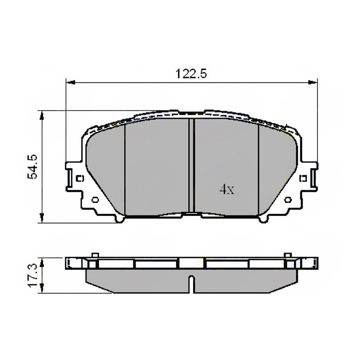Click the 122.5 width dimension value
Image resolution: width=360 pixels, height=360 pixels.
191,74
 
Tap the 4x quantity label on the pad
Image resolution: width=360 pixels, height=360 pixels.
227,190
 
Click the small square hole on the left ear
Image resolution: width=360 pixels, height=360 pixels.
80,178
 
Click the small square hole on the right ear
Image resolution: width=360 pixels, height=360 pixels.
303,178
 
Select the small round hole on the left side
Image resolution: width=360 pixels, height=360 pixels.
95,200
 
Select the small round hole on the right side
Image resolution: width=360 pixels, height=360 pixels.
288,200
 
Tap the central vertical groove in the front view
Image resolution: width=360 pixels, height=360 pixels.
191,166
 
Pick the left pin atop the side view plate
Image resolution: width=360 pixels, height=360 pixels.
95,255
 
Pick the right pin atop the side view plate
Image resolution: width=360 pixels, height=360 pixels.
288,255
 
